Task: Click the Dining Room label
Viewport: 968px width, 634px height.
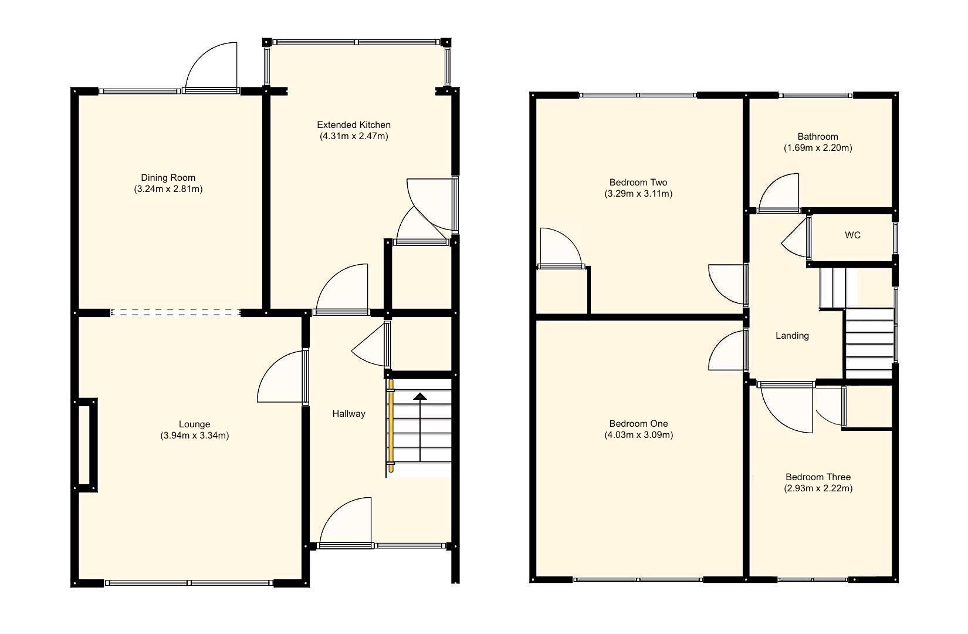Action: tap(168, 177)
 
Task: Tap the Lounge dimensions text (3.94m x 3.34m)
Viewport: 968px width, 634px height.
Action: tap(194, 436)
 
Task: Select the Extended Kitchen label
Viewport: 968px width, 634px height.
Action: tap(353, 124)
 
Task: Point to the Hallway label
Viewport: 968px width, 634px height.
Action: tap(348, 413)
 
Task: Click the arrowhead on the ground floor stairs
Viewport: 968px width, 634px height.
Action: tap(420, 396)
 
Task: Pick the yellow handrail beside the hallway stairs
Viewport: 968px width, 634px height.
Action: tap(390, 426)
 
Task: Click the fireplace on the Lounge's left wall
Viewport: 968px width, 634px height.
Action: tap(85, 444)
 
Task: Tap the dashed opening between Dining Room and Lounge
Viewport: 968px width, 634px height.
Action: tap(175, 312)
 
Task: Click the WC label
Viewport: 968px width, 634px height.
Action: tap(852, 235)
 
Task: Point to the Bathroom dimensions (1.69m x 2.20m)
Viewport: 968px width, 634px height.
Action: tap(818, 148)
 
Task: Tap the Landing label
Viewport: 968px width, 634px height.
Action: tap(792, 335)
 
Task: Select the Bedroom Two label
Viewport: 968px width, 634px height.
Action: tap(638, 182)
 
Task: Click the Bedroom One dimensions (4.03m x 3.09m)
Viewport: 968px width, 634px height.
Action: tap(638, 435)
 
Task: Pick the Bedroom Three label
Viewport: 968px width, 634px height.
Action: tap(818, 477)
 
